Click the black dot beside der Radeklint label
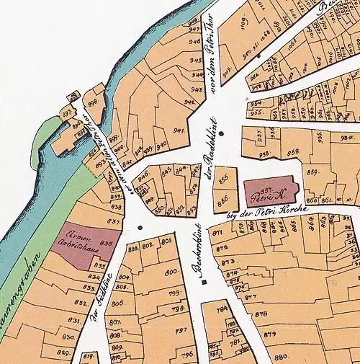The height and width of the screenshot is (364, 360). pos(222,133)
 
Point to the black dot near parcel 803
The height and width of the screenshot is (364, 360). pos(140,228)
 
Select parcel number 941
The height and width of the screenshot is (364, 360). pos(179,130)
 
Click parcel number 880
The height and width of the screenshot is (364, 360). pos(281,356)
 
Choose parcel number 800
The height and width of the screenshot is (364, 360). pos(171,272)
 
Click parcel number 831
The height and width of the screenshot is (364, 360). pos(73,320)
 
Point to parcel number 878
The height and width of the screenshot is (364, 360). pos(261,314)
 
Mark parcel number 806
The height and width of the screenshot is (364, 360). pos(117,303)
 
